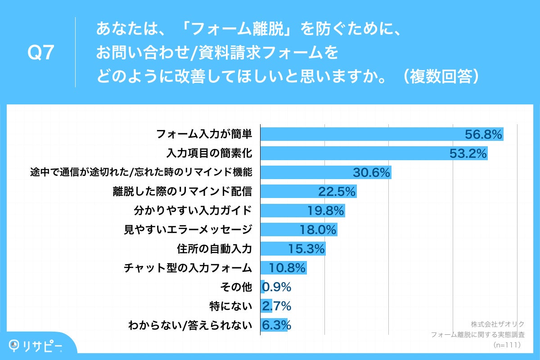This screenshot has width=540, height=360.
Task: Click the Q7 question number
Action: point(41,54)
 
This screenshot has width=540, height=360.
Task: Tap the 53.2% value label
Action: point(468,153)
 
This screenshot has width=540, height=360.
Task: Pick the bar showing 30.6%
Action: point(326,173)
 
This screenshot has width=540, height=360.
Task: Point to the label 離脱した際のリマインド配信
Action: point(182,192)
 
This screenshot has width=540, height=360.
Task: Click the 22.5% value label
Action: point(337,192)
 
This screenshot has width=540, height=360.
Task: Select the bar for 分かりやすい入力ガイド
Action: point(303,211)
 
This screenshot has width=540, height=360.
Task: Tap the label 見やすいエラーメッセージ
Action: point(188,230)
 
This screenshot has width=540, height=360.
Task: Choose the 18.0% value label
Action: point(318,230)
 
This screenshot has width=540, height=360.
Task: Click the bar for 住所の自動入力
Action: point(293,249)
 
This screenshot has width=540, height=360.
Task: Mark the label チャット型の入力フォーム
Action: point(188,268)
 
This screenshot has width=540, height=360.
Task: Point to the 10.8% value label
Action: point(288,268)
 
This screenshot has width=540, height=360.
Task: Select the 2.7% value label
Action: point(277,306)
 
